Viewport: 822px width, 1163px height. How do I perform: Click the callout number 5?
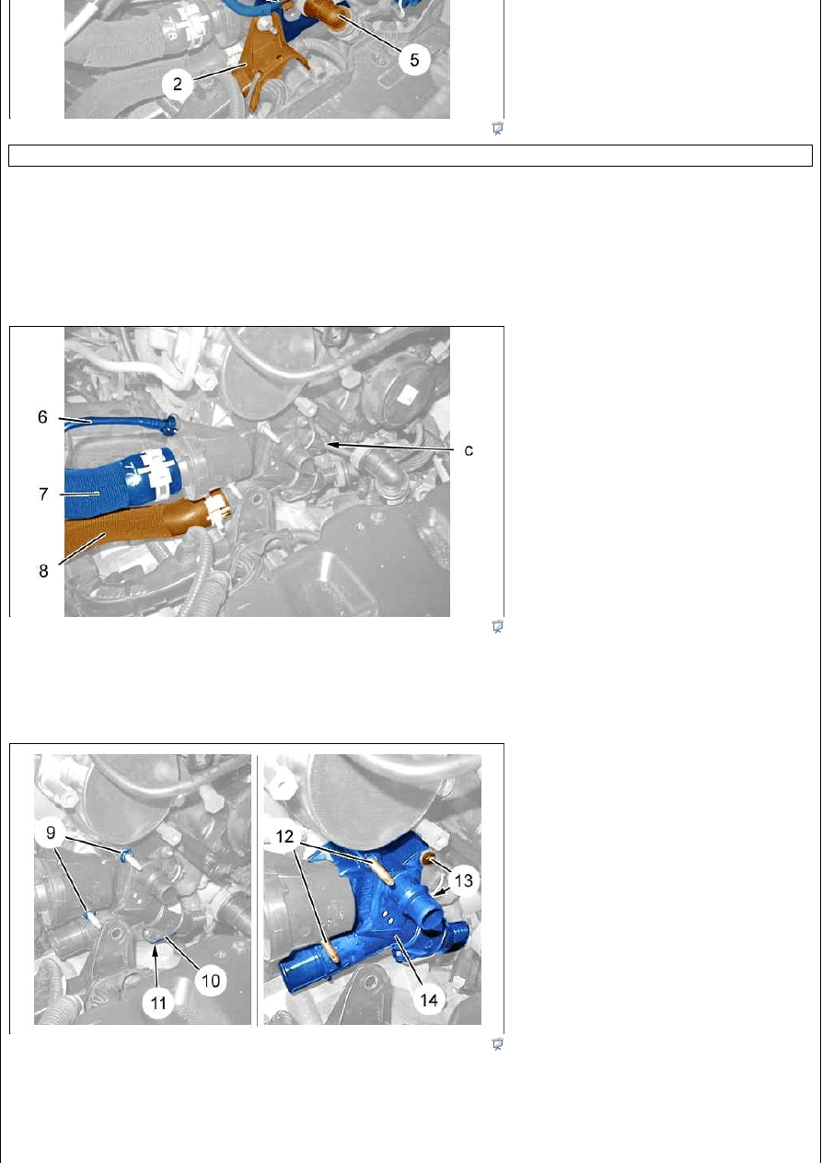pos(413,60)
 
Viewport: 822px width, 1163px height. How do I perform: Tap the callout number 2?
pos(178,84)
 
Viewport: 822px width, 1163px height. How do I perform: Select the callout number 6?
pos(42,417)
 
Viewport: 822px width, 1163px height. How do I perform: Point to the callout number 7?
pos(43,494)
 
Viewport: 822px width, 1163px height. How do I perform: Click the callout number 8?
pos(43,571)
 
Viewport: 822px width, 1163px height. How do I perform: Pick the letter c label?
pos(469,450)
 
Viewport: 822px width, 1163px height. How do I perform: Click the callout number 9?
pos(51,832)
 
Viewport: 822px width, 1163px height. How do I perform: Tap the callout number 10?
pos(210,981)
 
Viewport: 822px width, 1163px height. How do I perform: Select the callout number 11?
pos(157,1003)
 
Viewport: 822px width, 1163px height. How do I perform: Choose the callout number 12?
pos(284,836)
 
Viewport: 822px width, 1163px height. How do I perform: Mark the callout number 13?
pos(463,880)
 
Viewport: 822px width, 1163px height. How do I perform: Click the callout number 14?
pos(429,999)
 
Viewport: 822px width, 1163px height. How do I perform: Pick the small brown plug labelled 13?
pos(429,857)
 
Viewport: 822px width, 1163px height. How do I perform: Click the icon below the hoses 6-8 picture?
pos(497,626)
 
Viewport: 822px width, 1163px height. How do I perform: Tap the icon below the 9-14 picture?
pos(497,1043)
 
